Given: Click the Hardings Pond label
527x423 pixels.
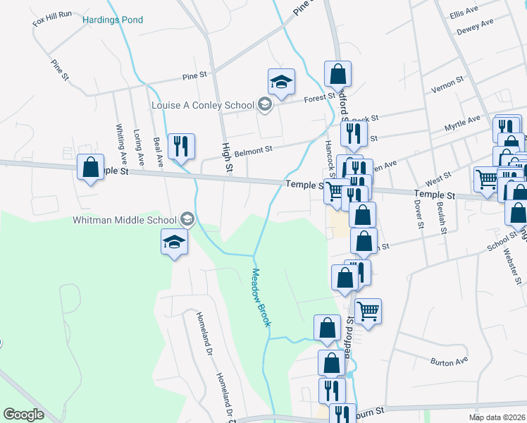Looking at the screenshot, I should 113,20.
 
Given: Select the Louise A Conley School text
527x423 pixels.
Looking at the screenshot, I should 203,106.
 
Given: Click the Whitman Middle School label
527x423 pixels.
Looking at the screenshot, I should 124,219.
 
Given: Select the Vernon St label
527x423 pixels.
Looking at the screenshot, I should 446,85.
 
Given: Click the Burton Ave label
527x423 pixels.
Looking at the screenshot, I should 449,362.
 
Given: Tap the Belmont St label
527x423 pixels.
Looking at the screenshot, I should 253,150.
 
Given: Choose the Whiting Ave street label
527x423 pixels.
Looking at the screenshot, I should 121,145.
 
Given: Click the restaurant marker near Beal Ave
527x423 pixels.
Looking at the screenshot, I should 182,147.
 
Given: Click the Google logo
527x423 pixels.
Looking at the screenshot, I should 23,415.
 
